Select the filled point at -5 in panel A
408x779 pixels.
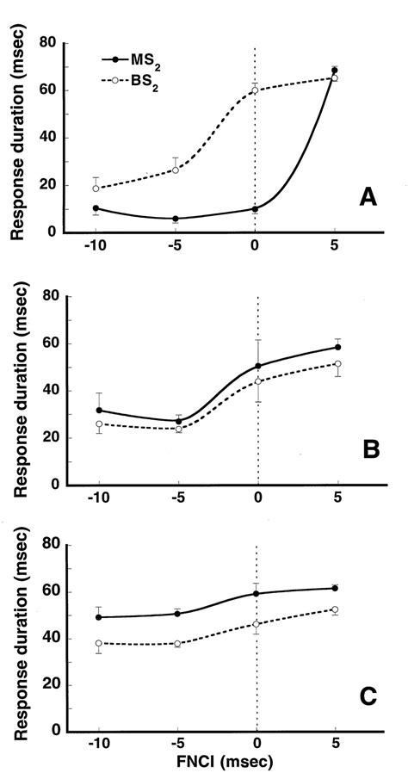176,219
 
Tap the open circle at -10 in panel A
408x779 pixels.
96,189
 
